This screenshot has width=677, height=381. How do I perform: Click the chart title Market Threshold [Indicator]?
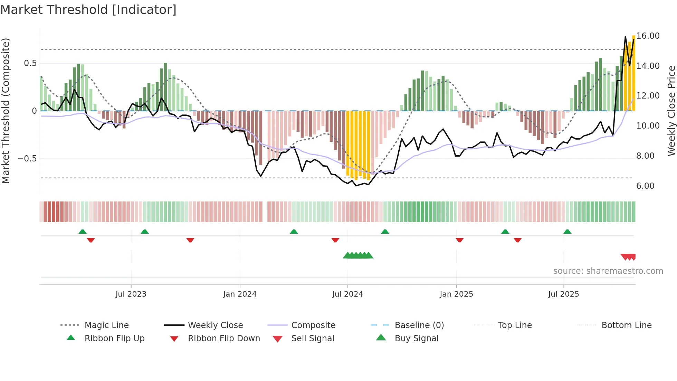88,10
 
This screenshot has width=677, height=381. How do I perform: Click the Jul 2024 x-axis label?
347,294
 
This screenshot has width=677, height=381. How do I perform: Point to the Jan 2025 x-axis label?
456,294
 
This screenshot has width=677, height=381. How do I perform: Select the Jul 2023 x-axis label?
131,294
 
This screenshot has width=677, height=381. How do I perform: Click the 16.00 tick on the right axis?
648,36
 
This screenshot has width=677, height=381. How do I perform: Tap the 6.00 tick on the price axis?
645,186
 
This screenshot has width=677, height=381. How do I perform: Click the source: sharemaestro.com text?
608,271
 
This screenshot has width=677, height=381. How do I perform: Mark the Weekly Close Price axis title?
671,111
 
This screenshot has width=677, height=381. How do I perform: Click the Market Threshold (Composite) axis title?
6,111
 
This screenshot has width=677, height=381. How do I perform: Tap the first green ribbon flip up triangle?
83,232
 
